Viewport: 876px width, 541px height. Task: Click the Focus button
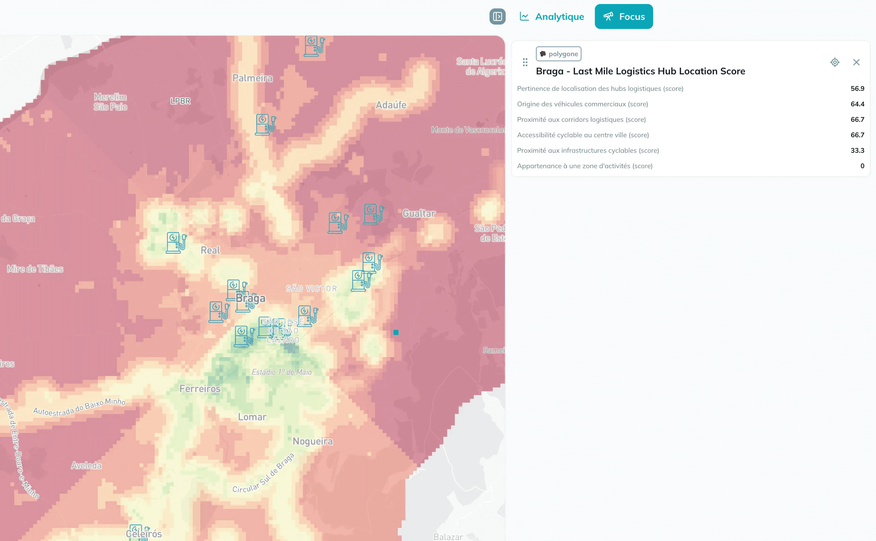coord(624,16)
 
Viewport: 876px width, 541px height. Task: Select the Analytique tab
coord(552,16)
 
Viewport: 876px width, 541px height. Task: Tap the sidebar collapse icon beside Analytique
coord(497,16)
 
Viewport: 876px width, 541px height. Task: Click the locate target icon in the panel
coord(835,62)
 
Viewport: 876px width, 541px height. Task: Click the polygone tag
coord(558,54)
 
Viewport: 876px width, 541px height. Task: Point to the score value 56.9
coord(857,88)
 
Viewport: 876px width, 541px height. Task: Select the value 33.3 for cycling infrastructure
coord(857,150)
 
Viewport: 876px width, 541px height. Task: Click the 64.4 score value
coord(857,104)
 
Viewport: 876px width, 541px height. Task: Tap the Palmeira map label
coord(252,78)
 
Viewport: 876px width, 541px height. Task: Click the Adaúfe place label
coord(391,105)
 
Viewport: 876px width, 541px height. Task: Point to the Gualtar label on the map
coord(419,213)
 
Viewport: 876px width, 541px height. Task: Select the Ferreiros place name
coord(200,389)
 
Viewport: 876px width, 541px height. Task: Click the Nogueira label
coord(312,441)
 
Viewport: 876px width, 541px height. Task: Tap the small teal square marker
coord(396,332)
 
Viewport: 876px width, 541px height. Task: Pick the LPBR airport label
coord(180,101)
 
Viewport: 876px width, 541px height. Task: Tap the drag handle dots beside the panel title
coord(525,62)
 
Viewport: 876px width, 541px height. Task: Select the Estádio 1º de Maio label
coord(281,372)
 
